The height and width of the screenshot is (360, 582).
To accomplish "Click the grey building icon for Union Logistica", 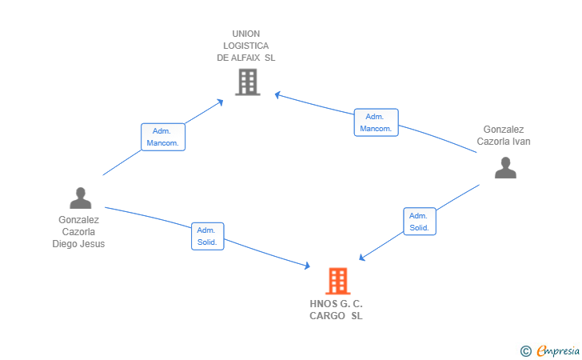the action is pos(248,82).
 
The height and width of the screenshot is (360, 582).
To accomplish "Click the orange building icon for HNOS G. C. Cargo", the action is pos(337,281).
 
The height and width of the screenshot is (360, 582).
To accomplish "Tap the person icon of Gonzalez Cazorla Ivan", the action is pos(505,167).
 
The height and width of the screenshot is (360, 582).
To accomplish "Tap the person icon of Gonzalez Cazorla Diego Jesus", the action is pos(81,198).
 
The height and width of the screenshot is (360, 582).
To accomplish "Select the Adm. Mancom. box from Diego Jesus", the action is pos(163,137).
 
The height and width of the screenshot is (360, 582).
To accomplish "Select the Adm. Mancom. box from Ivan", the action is pos(376,122).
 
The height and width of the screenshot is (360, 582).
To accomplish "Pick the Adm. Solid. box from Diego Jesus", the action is pos(208,236).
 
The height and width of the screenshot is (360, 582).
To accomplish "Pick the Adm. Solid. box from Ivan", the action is pos(420,222).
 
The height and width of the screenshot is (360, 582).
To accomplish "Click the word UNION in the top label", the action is pos(246,34).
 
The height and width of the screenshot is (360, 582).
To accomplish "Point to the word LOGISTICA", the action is pos(245,46).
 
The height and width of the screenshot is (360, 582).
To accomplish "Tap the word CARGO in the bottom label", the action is pos(328,316).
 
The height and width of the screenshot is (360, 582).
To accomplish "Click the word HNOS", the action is pos(324,304).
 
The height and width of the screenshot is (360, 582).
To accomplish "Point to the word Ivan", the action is pos(521,142).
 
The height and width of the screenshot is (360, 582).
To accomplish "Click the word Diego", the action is pos(64,244).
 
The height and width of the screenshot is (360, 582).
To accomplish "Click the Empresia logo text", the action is pos(558,350).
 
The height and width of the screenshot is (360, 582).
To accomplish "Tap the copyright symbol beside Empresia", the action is pos(526,351).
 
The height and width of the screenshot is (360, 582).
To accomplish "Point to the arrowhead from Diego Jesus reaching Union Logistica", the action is pos(220,102).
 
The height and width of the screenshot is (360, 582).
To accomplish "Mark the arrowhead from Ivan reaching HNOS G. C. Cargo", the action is pos(362,257).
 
